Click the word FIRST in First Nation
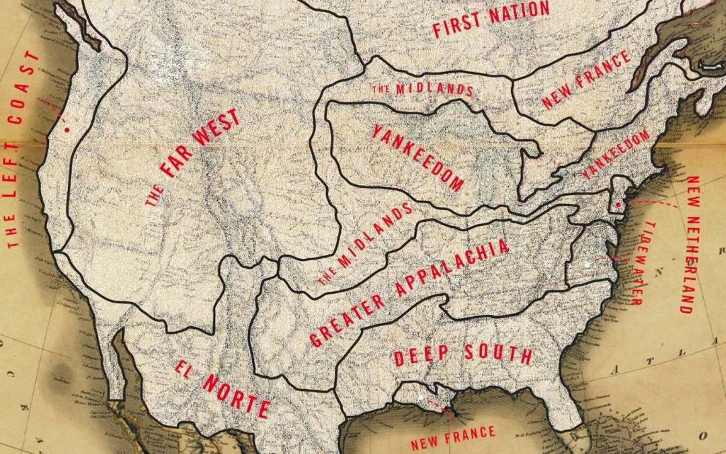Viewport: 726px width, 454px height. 456,27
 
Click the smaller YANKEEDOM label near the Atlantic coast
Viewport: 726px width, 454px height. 616,154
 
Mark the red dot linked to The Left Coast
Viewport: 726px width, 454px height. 67,128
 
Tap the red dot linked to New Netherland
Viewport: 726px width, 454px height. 617,204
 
